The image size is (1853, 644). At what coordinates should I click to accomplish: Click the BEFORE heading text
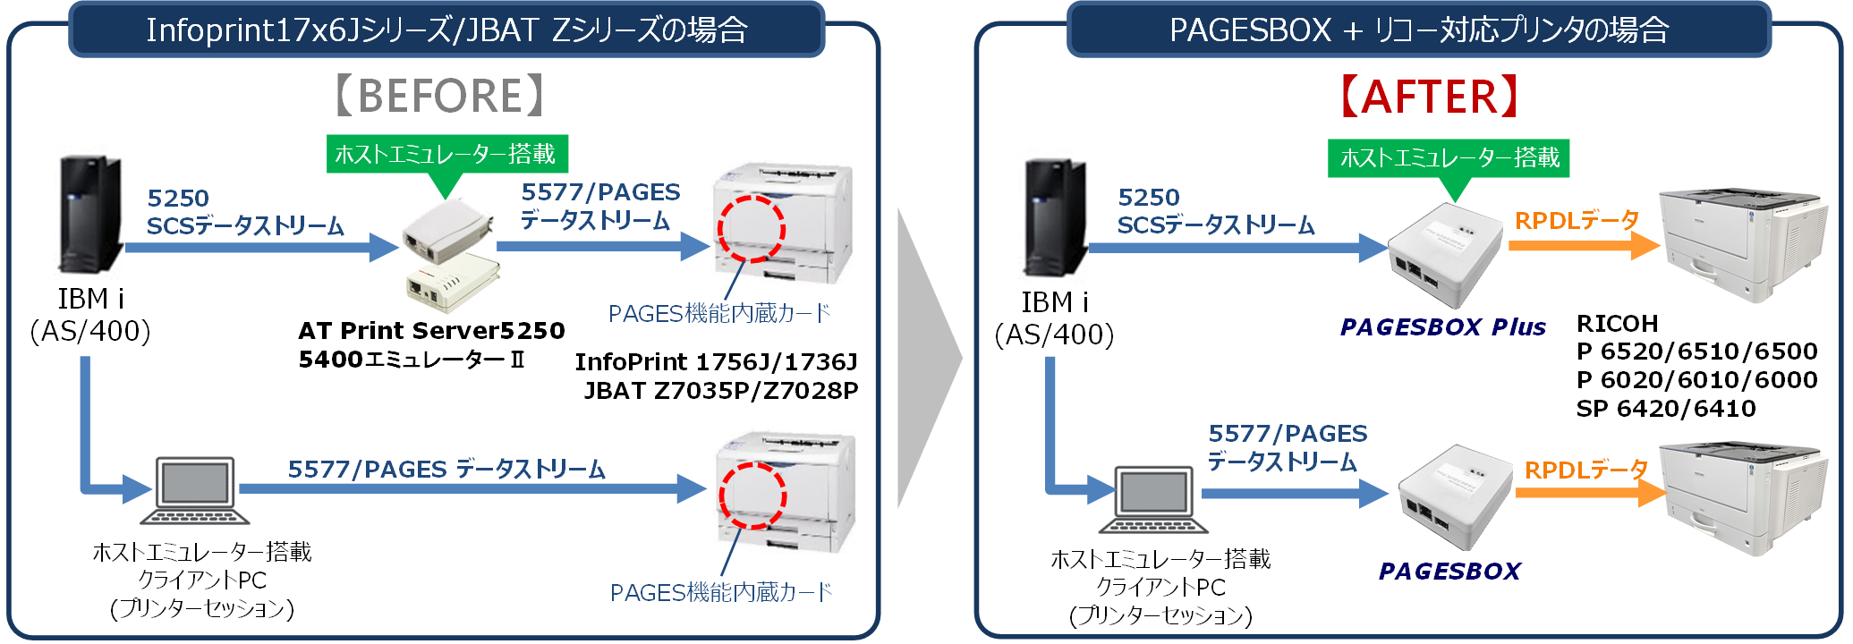coord(439,96)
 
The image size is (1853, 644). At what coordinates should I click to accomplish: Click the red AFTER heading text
coord(1429,97)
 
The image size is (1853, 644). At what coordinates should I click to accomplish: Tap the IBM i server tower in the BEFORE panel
coord(89,215)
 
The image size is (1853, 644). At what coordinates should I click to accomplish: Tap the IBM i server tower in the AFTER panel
coord(1056,217)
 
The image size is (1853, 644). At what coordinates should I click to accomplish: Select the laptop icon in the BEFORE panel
coord(195,490)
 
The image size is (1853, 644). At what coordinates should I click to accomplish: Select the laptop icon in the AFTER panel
coord(1153,498)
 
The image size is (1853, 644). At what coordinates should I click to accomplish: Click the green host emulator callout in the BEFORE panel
coord(446,155)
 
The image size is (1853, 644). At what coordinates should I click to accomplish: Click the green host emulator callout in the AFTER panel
coord(1449,158)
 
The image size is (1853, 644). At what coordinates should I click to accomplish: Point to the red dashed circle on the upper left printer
coord(751,229)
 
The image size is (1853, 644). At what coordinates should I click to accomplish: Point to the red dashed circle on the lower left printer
coord(752,496)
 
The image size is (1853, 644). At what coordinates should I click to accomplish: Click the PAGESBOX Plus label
coord(1442,327)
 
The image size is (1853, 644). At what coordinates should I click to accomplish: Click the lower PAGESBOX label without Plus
coord(1449,572)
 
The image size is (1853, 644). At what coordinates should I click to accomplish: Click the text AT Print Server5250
coord(431,331)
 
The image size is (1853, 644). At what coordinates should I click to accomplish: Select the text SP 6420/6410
coord(1665,409)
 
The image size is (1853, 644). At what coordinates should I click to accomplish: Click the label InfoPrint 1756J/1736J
coord(716,362)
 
